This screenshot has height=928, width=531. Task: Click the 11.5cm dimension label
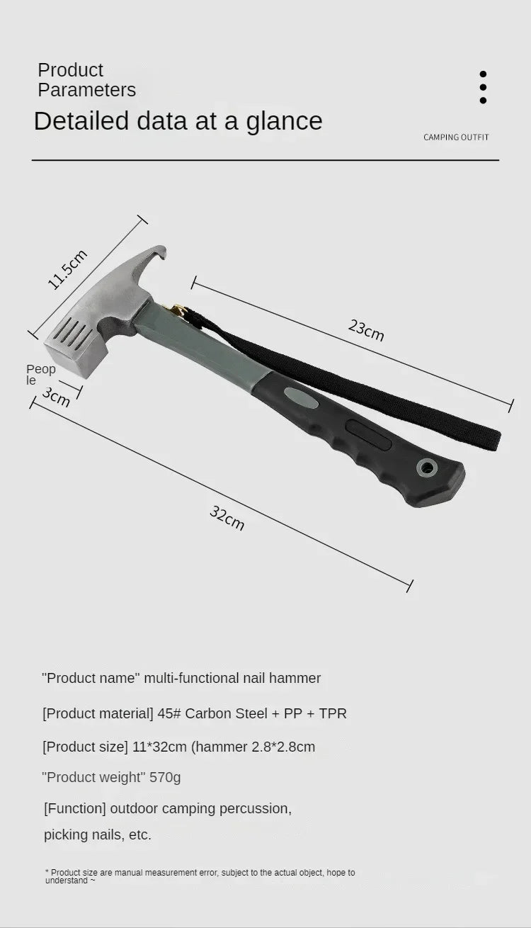point(67,269)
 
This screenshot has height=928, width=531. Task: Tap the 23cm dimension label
point(366,329)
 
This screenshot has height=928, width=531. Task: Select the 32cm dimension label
point(227,518)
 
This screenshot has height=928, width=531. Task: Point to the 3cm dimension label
point(56,397)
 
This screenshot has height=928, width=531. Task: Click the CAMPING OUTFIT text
point(456,137)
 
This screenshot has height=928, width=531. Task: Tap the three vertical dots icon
point(483,87)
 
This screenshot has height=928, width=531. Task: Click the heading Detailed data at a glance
point(178,121)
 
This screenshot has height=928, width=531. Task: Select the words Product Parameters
point(86,80)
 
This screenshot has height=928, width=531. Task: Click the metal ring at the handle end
point(426,467)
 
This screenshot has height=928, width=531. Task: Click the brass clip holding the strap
point(175,310)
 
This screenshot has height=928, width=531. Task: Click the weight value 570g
point(165,777)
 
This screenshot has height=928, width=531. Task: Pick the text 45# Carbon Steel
point(212,713)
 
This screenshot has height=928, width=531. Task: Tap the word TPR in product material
point(333,713)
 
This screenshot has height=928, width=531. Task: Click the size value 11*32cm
point(159,747)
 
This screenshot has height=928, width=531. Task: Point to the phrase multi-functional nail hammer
point(232,678)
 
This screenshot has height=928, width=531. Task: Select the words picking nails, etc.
point(98,834)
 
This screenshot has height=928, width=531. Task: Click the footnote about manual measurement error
point(200,876)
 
